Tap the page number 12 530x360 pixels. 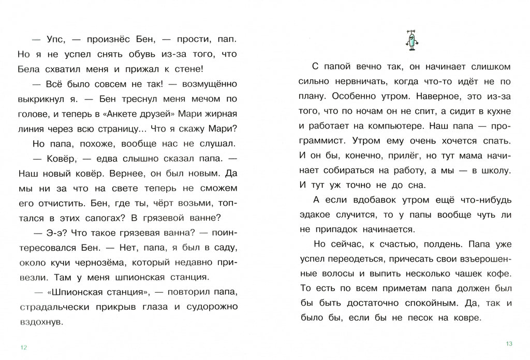(23, 347)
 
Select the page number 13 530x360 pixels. (508, 344)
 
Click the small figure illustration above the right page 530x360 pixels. (412, 40)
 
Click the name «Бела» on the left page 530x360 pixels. (29, 69)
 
